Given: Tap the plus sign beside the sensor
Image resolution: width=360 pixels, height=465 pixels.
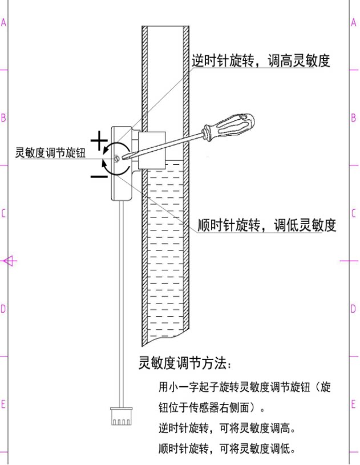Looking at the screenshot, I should pos(100,140).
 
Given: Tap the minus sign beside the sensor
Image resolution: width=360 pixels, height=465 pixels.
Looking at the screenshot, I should pos(99,176).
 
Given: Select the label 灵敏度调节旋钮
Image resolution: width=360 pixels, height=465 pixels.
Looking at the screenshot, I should pos(50,153).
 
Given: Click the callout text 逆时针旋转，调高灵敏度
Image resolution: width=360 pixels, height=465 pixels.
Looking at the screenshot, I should pos(261,61).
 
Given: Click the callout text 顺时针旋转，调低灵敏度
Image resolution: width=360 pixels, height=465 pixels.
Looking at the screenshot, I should pos(266,225).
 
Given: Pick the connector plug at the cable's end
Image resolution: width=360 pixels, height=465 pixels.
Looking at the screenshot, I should pos(121,418).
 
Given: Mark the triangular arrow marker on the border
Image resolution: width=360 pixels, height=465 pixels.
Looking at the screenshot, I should pos(9,261).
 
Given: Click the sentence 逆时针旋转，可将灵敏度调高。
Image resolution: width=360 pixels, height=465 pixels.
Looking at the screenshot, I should pos(227,428).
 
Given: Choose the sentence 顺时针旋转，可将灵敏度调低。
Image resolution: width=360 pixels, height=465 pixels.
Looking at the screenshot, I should pos(227,448).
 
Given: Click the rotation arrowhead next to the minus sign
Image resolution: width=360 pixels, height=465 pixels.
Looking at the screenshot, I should pos(104,166).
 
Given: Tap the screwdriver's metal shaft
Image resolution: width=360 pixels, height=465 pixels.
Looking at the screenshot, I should pos(165,145).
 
